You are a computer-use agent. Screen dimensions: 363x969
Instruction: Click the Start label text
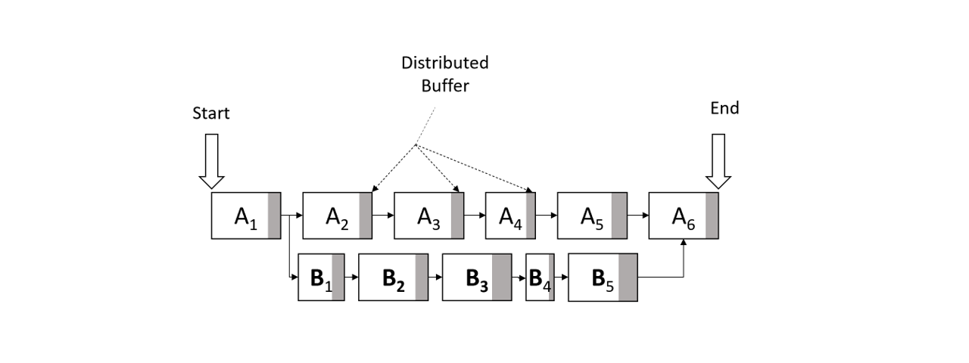coord(211,113)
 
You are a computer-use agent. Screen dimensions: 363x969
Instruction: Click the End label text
coord(724,108)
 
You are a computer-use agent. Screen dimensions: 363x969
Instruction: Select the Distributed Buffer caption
coord(445,74)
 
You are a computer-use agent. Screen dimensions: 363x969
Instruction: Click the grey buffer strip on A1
coord(274,216)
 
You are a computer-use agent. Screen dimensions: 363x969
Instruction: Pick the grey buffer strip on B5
coord(628,277)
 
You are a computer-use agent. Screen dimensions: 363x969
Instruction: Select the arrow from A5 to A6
coord(638,216)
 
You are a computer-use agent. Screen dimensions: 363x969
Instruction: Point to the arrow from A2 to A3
coord(383,216)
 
